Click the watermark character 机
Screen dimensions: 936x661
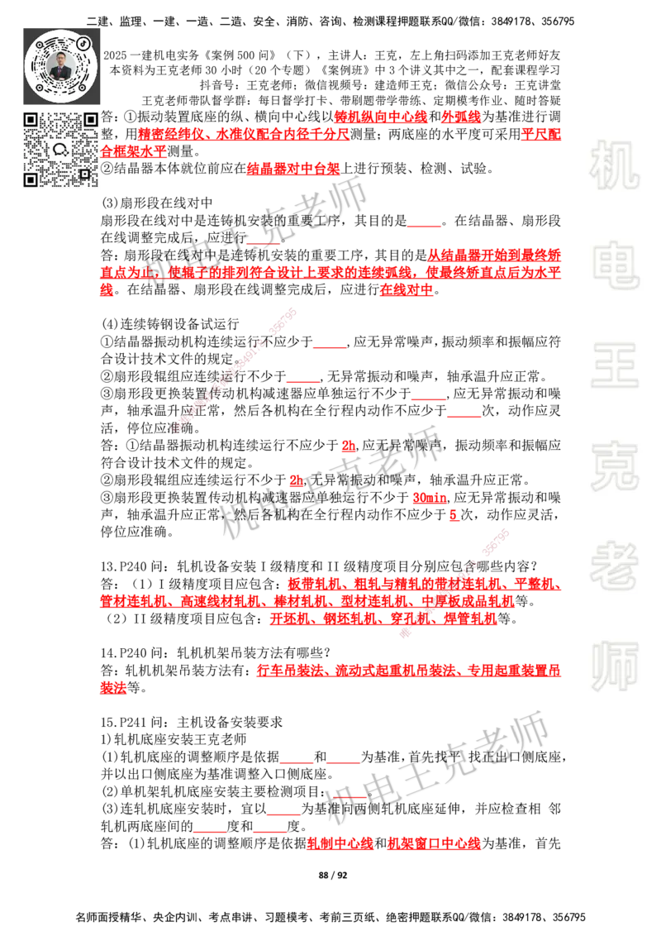pyautogui.click(x=614, y=165)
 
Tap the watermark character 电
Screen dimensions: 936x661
pyautogui.click(x=617, y=264)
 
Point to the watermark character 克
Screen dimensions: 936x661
pyautogui.click(x=614, y=466)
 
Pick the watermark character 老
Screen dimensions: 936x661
pyautogui.click(x=614, y=565)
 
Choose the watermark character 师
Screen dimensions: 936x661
pyautogui.click(x=614, y=667)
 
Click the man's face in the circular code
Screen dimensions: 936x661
pyautogui.click(x=63, y=61)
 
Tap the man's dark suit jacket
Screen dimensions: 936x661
pyautogui.click(x=63, y=74)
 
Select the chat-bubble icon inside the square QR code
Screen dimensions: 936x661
pyautogui.click(x=61, y=150)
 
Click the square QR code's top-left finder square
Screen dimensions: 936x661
pyautogui.click(x=31, y=120)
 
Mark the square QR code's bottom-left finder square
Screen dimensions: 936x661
pyautogui.click(x=31, y=179)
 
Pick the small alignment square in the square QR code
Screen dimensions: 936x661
pyautogui.click(x=84, y=173)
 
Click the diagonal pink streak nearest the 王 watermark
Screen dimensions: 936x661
pyautogui.click(x=235, y=370)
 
